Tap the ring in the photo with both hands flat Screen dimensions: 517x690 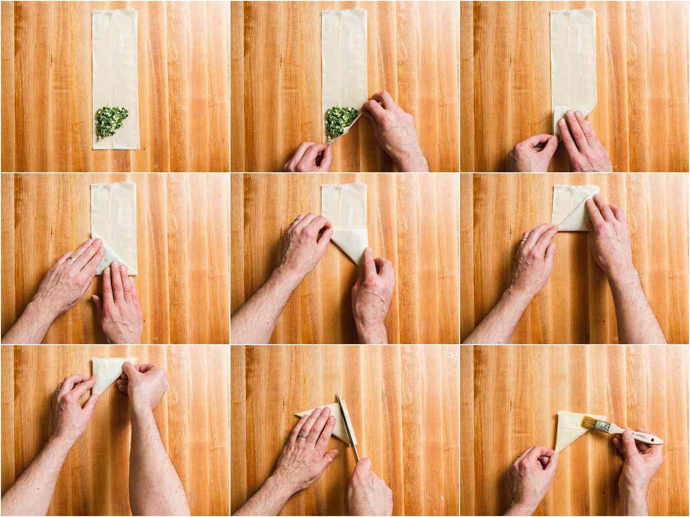coord(73,259)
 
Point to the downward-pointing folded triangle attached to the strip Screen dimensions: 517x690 coord(350,244)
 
